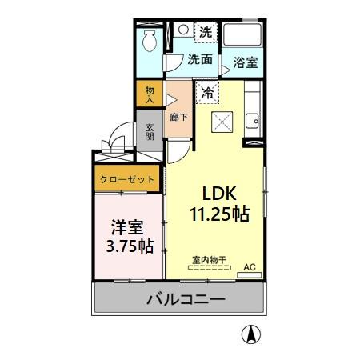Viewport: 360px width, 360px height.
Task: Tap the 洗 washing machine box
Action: (206, 33)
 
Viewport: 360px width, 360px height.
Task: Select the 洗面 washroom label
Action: (200, 59)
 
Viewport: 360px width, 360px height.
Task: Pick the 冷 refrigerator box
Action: (206, 92)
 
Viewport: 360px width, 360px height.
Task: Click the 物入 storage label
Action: (150, 94)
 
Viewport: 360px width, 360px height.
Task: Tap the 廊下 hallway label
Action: (178, 117)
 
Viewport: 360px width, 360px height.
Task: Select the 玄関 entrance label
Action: (150, 131)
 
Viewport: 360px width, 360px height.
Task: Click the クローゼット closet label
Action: (127, 180)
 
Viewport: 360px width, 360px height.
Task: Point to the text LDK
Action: (218, 194)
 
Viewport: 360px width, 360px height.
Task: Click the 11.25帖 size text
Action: (218, 214)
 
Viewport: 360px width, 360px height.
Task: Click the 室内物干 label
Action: (209, 260)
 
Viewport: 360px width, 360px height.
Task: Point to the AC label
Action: (249, 266)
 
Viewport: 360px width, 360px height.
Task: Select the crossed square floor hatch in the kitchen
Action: (221, 122)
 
